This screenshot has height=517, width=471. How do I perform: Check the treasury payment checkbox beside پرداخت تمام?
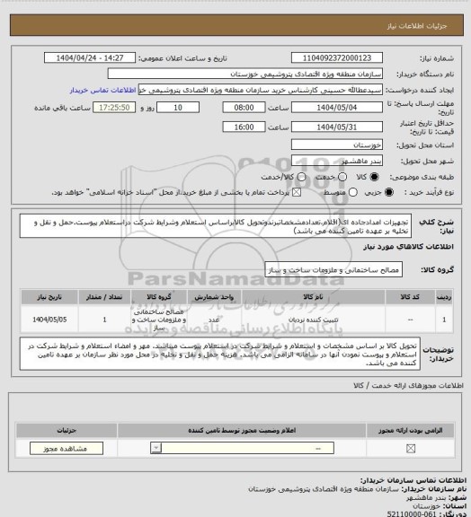click(x=290, y=192)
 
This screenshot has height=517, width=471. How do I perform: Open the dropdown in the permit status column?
click(x=158, y=447)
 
